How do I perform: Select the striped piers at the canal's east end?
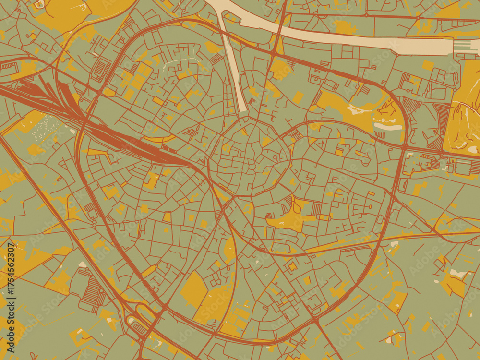pyautogui.click(x=463, y=45)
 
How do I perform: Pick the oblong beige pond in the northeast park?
pyautogui.click(x=388, y=127)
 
